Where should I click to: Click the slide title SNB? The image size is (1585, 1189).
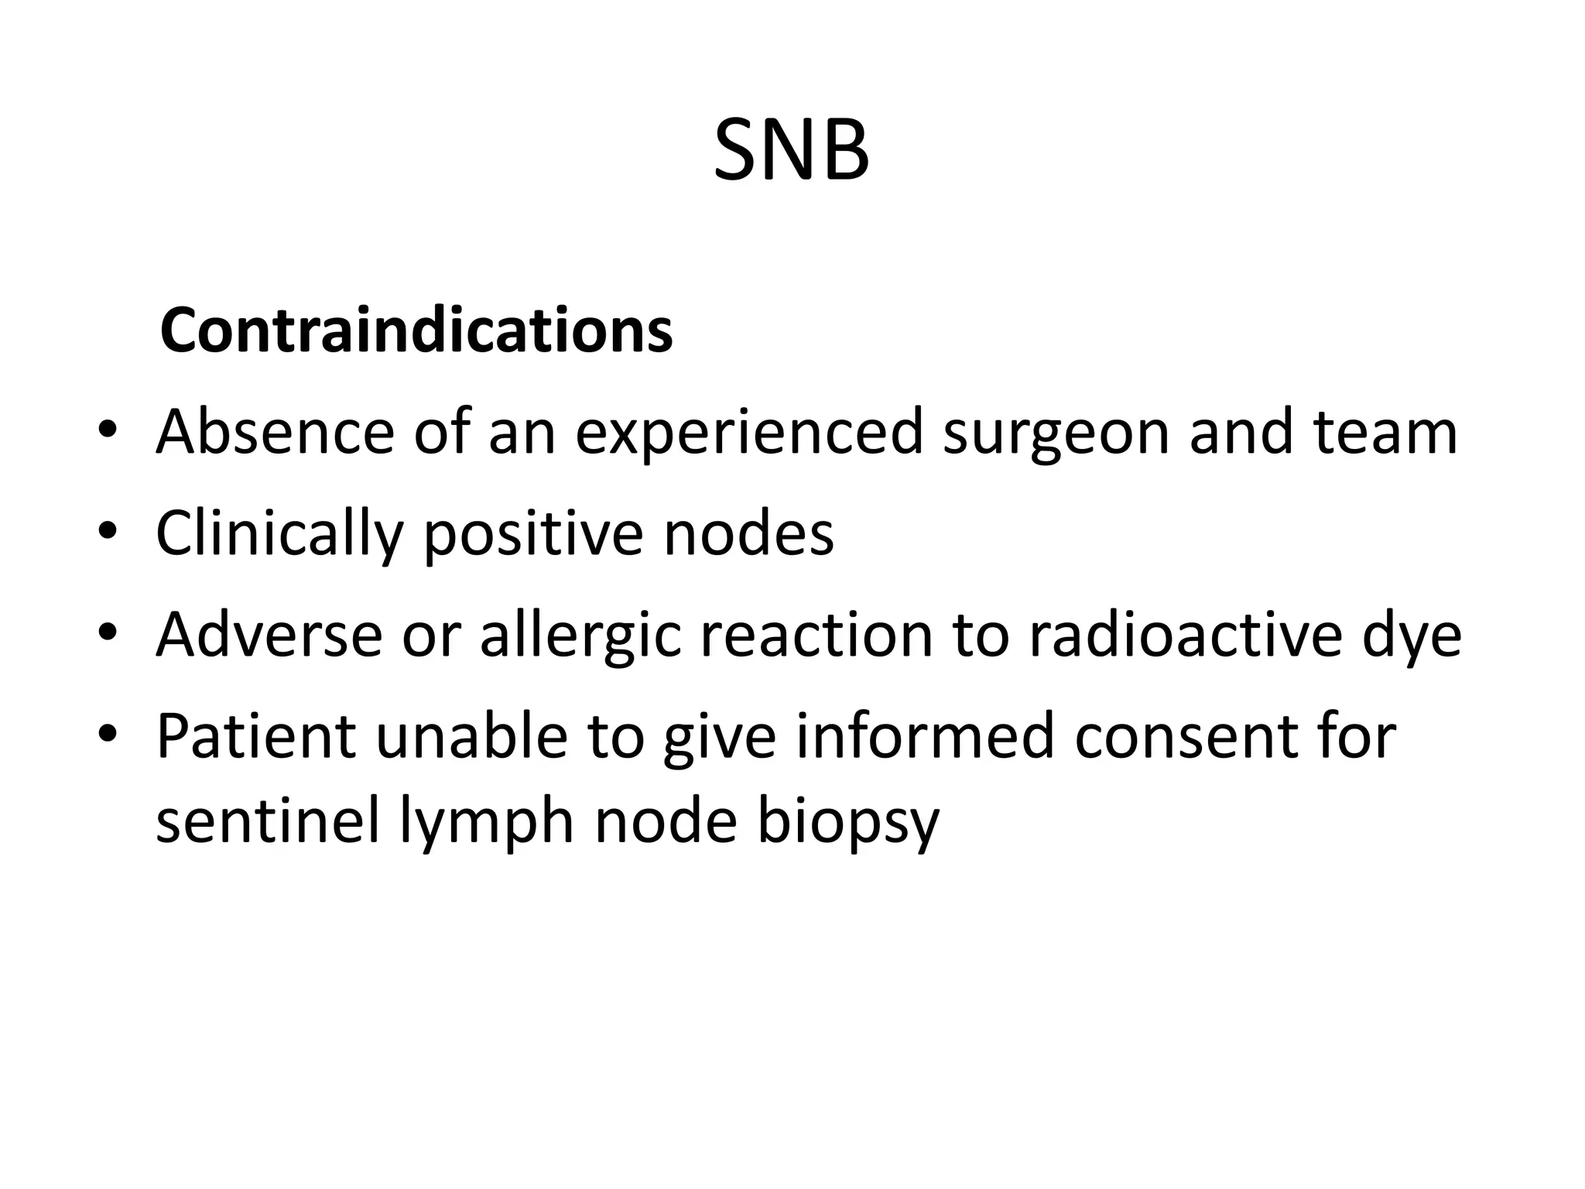(791, 150)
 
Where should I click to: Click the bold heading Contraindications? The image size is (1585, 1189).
(416, 331)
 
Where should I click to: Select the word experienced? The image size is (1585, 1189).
(749, 433)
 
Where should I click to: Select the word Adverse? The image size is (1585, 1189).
(269, 635)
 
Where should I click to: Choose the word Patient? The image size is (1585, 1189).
(256, 735)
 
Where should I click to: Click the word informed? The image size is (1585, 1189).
(925, 735)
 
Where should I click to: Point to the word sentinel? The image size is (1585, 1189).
(268, 821)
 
